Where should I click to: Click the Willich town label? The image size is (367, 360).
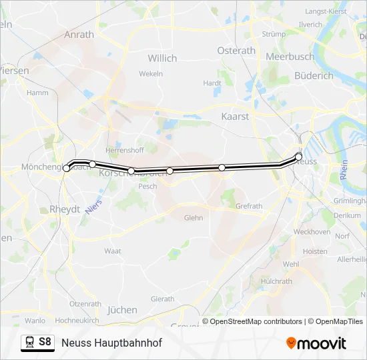(x=162, y=58)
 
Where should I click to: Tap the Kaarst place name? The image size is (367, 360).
(x=235, y=116)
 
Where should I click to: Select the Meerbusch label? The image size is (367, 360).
(x=290, y=57)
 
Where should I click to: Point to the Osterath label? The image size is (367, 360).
(x=236, y=51)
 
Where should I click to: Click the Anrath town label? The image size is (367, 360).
(x=79, y=35)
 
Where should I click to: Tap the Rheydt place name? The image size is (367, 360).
(x=65, y=209)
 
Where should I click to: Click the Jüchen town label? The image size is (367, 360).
(x=122, y=309)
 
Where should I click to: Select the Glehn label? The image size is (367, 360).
(x=194, y=217)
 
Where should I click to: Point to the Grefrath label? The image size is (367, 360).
(x=249, y=206)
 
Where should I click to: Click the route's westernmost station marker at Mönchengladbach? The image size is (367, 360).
(x=66, y=169)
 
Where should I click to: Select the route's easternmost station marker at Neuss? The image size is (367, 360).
(x=299, y=157)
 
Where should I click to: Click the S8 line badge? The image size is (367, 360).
(x=45, y=342)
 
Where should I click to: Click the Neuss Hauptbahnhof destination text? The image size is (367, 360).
(x=111, y=343)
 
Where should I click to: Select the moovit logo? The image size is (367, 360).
(x=316, y=343)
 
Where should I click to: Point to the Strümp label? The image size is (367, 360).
(x=274, y=33)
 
